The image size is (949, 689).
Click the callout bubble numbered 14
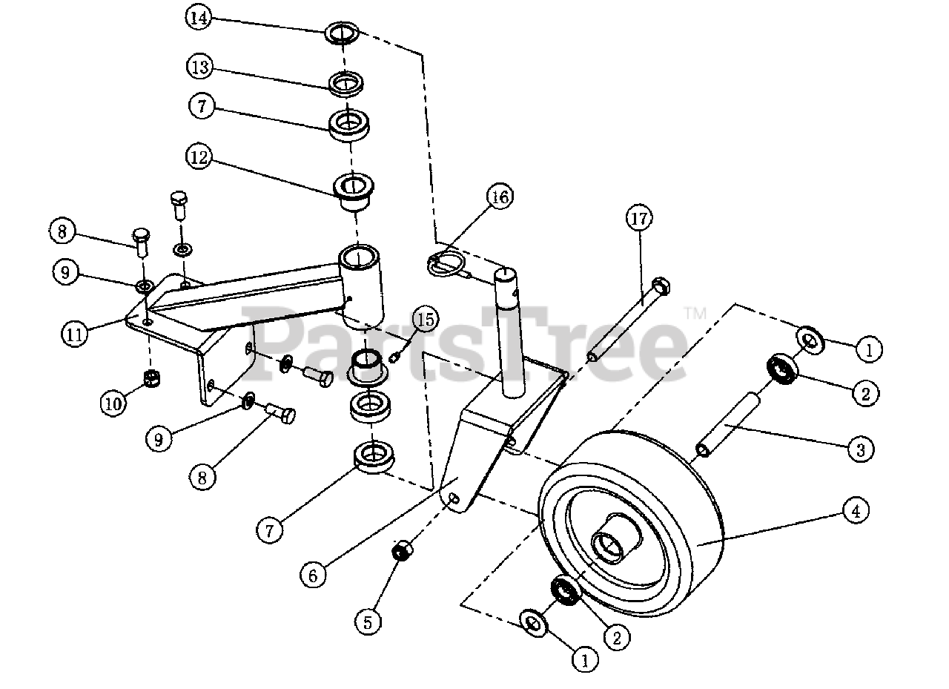tap(198, 18)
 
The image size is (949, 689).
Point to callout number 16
tap(499, 197)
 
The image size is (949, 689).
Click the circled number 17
tap(639, 219)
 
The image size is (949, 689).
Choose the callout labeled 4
tap(856, 510)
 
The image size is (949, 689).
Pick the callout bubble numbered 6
tap(314, 574)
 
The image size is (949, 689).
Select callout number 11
tap(73, 334)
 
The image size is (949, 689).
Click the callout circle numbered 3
tap(861, 449)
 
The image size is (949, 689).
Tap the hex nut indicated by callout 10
tap(152, 378)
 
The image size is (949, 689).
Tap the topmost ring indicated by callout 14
tap(342, 33)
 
